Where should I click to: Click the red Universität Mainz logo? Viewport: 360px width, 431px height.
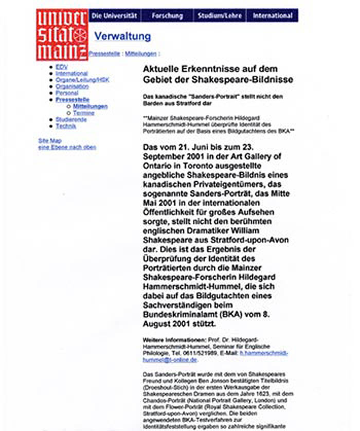point(62,34)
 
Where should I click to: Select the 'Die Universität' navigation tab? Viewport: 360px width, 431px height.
point(114,16)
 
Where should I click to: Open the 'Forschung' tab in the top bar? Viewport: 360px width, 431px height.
point(167,16)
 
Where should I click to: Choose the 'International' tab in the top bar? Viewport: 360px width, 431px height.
point(273,16)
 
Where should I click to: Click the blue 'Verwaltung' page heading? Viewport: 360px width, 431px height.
point(122,37)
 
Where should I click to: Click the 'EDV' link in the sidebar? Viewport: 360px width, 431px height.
point(61,67)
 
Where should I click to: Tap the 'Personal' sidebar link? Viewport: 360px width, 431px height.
point(67,94)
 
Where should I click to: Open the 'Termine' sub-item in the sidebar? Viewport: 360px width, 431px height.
point(84,113)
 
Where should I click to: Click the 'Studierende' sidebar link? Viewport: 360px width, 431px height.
point(71,120)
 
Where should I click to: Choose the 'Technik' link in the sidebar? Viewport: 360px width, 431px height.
point(66,126)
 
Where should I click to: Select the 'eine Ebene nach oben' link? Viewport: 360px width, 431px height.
point(67,148)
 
